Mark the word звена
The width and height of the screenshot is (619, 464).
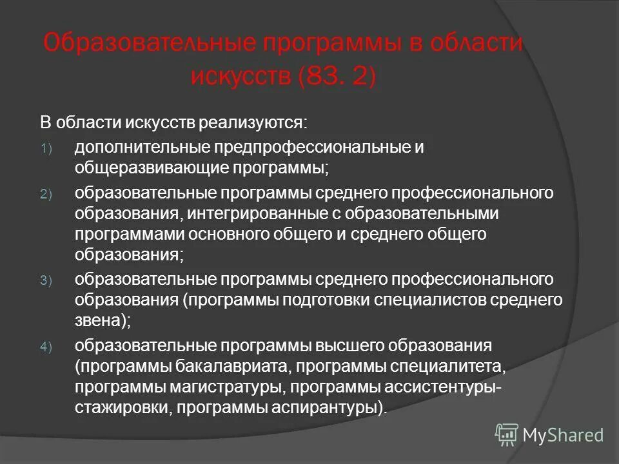(x=97, y=321)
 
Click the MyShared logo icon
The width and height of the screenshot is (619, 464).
(x=507, y=434)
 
